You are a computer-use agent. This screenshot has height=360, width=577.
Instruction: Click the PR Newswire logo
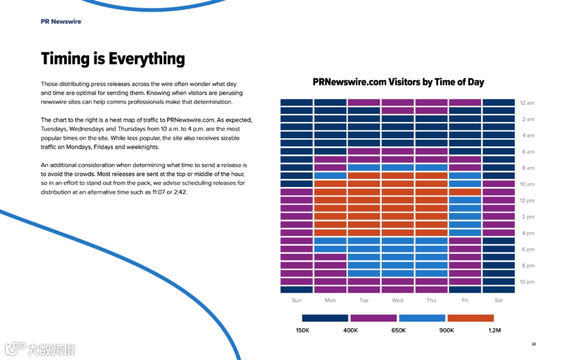coord(61,22)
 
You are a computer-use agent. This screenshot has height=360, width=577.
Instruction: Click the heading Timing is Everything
coord(113,58)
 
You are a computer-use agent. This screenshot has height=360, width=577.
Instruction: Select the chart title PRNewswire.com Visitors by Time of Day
coord(398,82)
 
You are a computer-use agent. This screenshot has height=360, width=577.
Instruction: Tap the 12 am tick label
coord(527,103)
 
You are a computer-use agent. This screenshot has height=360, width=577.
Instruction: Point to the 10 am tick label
coord(527,184)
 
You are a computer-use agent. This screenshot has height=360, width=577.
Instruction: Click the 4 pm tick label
coord(527,233)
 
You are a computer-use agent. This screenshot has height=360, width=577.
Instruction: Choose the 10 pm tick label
coord(527,282)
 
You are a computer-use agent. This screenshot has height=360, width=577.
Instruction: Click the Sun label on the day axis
coord(297,300)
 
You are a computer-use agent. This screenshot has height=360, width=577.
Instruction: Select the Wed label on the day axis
coord(397,300)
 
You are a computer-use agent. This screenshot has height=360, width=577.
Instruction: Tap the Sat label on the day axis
coord(498,300)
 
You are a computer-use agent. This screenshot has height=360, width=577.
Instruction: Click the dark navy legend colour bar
coord(325,318)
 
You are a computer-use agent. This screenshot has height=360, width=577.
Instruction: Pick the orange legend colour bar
coord(470,318)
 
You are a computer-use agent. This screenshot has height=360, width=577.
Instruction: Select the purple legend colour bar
coord(373,318)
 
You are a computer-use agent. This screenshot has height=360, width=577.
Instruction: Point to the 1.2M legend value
coord(495,331)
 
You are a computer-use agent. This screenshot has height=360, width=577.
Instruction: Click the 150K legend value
coord(302,331)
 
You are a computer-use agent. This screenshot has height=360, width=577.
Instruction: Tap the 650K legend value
coord(399,331)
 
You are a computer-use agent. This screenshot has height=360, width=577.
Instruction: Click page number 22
coord(534,344)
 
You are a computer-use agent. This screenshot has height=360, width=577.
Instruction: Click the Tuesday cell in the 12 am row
coord(364,103)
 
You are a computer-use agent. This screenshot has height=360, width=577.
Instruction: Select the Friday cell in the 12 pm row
coord(465,200)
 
